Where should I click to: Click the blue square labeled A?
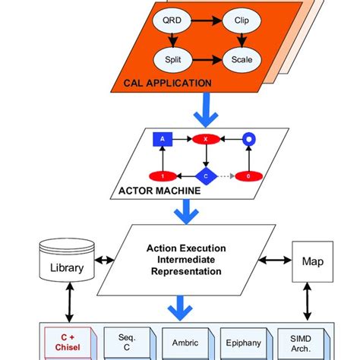160,139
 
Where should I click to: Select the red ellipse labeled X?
204,139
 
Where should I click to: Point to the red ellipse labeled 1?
160,175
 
